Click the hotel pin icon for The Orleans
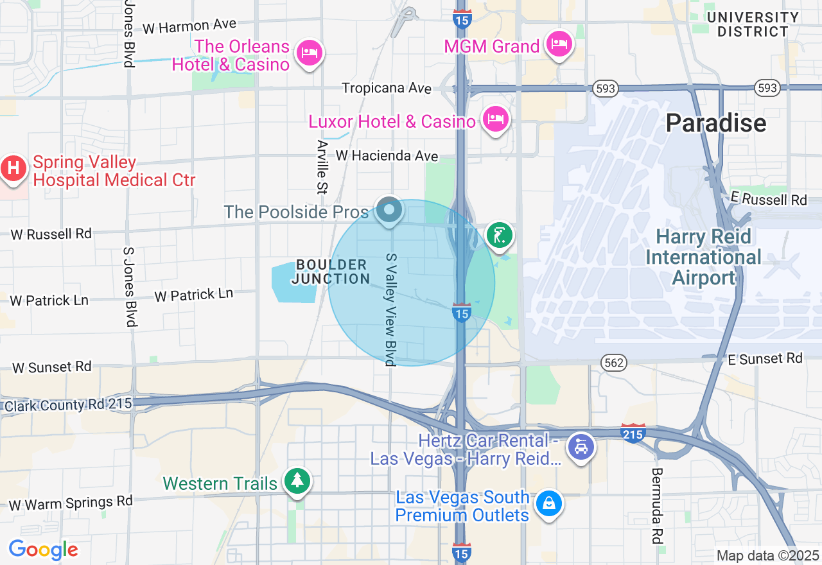click(x=310, y=53)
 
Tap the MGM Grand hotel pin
click(x=559, y=44)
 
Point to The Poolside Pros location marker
click(x=389, y=210)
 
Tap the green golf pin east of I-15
click(x=500, y=235)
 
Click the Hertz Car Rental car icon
click(x=582, y=447)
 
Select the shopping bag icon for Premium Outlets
click(x=549, y=503)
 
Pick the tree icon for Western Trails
click(x=297, y=481)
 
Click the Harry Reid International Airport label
click(x=703, y=257)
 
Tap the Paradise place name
click(x=715, y=123)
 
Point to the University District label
click(x=753, y=24)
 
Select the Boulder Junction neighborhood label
click(x=331, y=272)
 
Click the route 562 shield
click(x=614, y=363)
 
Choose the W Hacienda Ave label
click(x=387, y=155)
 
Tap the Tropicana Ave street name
click(x=386, y=87)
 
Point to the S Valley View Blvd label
click(x=390, y=309)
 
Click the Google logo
click(x=43, y=550)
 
